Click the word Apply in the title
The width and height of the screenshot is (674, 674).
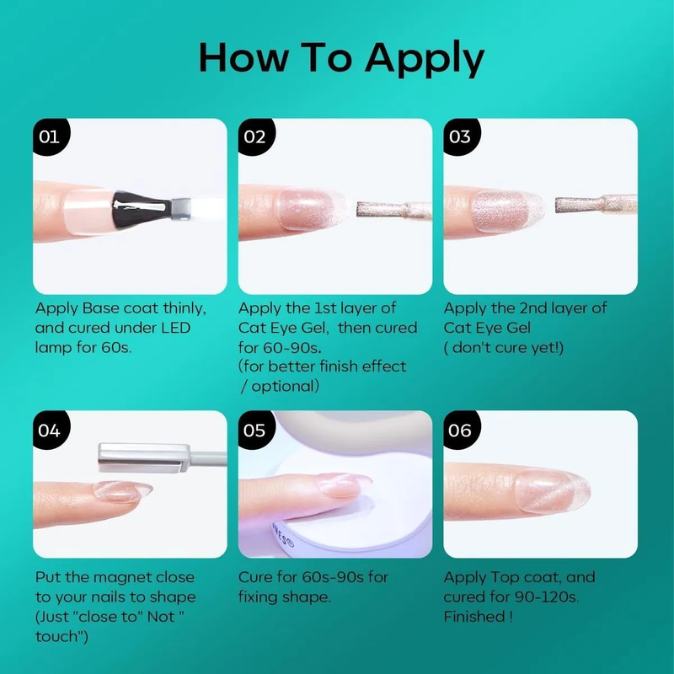[x=425, y=58]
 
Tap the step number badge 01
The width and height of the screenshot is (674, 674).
[x=51, y=136]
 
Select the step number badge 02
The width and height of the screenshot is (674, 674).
[x=256, y=136]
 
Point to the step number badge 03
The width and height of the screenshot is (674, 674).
[x=461, y=136]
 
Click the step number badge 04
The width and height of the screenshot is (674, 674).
[x=51, y=430]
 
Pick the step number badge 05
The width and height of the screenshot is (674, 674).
[x=256, y=430]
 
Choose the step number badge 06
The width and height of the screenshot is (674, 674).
[x=461, y=430]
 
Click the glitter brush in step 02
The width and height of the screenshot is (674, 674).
[x=393, y=210]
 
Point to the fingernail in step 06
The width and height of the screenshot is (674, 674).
[x=552, y=491]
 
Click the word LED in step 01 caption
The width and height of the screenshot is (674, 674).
[x=176, y=328]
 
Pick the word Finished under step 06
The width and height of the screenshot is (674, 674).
[x=474, y=617]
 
